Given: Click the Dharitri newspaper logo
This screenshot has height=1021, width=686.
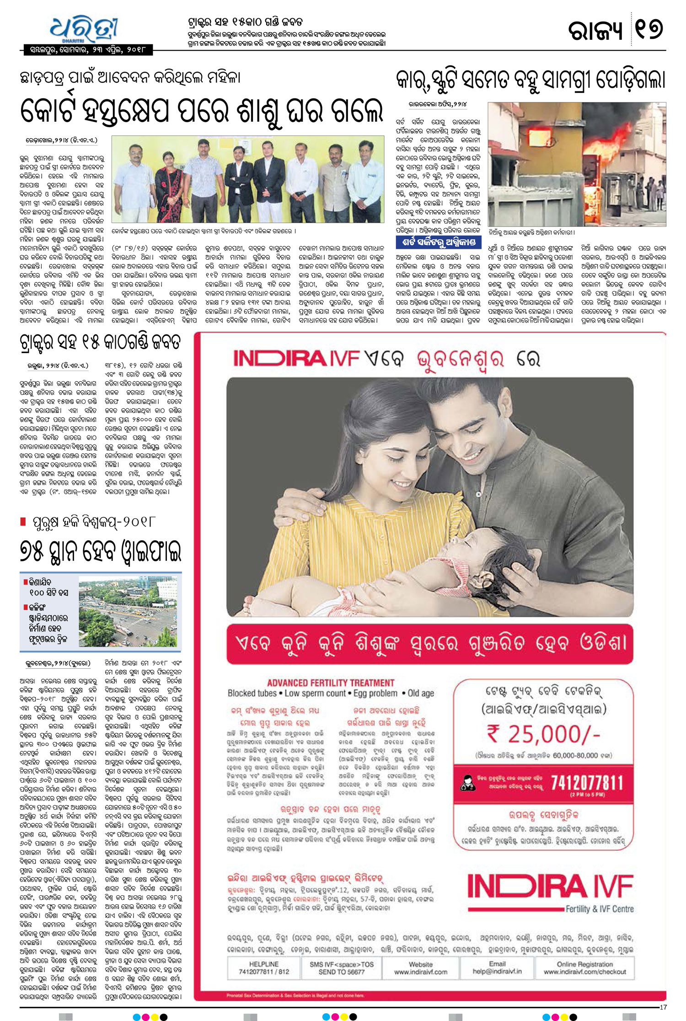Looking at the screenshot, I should [x=85, y=30].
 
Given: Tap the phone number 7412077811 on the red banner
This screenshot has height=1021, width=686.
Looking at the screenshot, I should [x=587, y=783].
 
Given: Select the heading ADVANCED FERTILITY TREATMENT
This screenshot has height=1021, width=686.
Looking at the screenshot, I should [x=331, y=682].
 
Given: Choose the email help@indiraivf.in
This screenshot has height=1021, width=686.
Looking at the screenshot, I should [x=497, y=972].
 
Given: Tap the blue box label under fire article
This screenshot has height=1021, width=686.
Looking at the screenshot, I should [x=438, y=242].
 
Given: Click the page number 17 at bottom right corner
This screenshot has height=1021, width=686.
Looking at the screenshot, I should [x=663, y=1007].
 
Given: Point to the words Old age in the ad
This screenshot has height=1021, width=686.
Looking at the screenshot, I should [x=421, y=693].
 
